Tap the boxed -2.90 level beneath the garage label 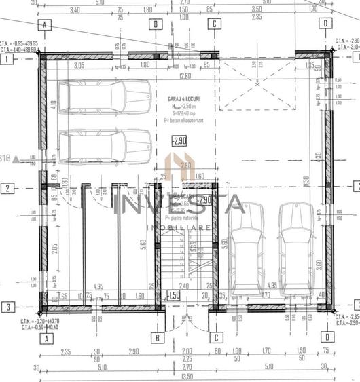(179, 142)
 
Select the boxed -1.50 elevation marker (174, 295)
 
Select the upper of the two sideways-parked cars (105, 96)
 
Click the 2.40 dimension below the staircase (183, 287)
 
